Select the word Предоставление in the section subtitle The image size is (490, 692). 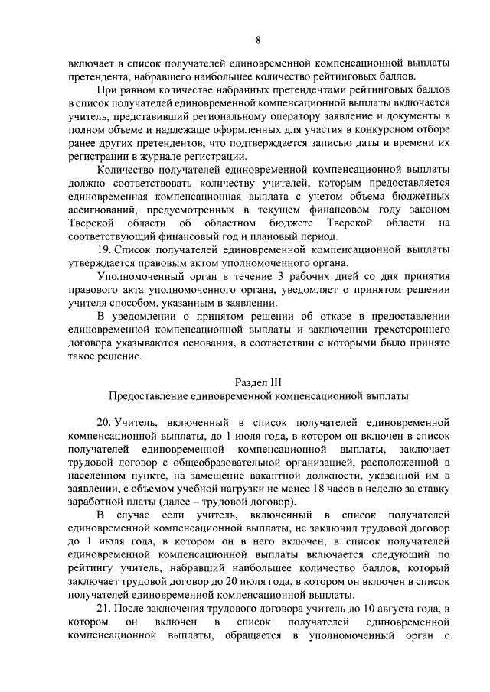[147, 396]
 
